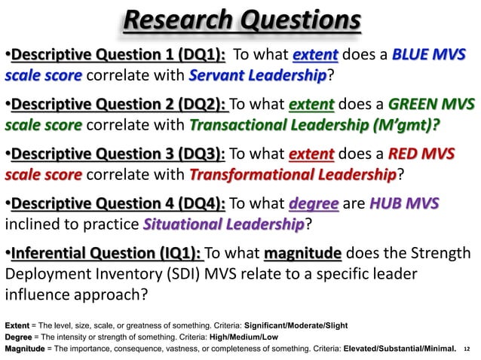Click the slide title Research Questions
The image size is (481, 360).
[x=241, y=20]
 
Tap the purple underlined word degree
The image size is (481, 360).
[x=313, y=204]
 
